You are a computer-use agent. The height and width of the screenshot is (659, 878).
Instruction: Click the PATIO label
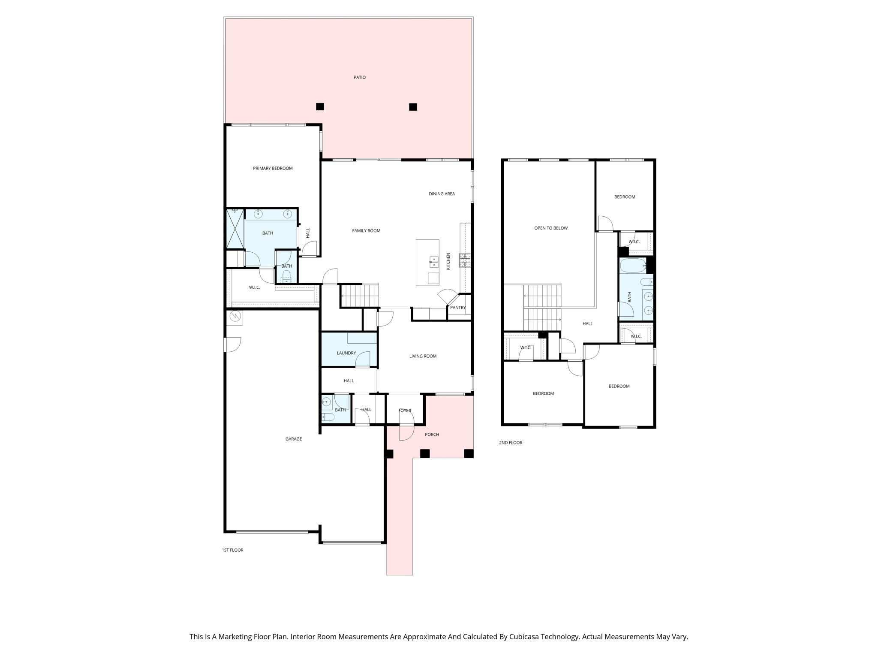coord(360,77)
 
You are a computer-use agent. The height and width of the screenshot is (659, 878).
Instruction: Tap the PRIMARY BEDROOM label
coord(273,168)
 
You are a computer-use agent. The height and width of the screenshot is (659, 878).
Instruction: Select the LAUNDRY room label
coord(346,353)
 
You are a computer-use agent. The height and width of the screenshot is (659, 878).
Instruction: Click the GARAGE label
coord(294,439)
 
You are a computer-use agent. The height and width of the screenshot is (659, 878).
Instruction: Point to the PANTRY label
coord(458,308)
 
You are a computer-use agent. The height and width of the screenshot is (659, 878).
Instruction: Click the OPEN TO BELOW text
coord(551,228)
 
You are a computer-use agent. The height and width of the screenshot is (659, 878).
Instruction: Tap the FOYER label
coord(405,411)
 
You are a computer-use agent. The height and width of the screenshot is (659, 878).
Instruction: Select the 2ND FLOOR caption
coord(511,442)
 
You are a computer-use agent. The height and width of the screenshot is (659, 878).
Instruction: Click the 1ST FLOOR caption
coord(232,550)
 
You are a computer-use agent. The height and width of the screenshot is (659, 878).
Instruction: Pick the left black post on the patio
coord(320,106)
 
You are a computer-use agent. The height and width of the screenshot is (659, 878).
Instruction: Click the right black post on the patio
coord(413,107)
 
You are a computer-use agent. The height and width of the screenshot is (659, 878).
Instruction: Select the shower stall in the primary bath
coord(235,229)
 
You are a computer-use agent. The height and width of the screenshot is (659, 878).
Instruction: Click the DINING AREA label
coord(442,193)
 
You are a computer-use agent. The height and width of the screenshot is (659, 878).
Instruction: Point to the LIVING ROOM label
coord(423,356)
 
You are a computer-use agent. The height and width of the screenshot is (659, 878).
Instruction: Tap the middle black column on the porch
coord(424,453)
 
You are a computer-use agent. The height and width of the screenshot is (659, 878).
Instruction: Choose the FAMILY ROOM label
coord(366,230)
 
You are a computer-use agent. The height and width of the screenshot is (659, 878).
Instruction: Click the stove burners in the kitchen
coord(465,260)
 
